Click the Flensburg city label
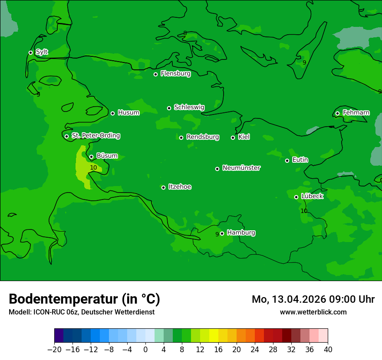[175, 74]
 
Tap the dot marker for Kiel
[233, 137]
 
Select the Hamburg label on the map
[241, 233]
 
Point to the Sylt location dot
[30, 52]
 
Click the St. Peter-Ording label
[95, 136]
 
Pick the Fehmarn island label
[356, 113]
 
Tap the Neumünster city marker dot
[217, 169]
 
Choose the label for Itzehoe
[180, 187]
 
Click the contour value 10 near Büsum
[93, 167]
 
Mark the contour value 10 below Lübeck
[304, 211]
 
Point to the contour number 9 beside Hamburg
[217, 235]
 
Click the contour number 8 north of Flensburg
[185, 33]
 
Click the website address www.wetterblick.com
[313, 312]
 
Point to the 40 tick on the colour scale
[328, 350]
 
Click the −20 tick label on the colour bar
[54, 350]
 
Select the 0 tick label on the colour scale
[145, 350]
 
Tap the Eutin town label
[300, 160]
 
